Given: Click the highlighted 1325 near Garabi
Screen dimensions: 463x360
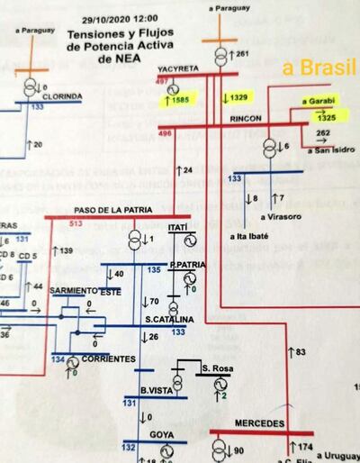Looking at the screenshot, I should click(x=326, y=118).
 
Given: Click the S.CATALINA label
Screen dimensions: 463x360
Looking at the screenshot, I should click(x=165, y=321).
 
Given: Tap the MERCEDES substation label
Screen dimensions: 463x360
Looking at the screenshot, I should click(x=260, y=422).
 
